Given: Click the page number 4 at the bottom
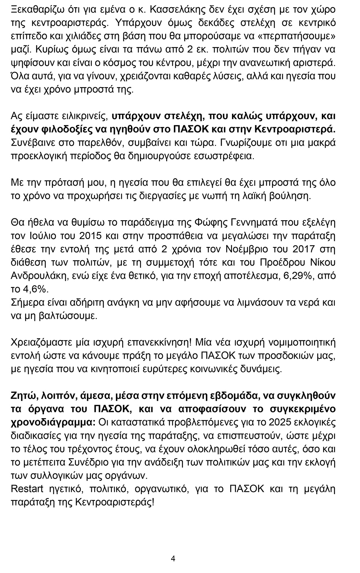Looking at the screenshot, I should click(173, 558).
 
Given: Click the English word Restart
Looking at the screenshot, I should click(27, 489).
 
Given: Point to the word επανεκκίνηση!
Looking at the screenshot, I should click(160, 342).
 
